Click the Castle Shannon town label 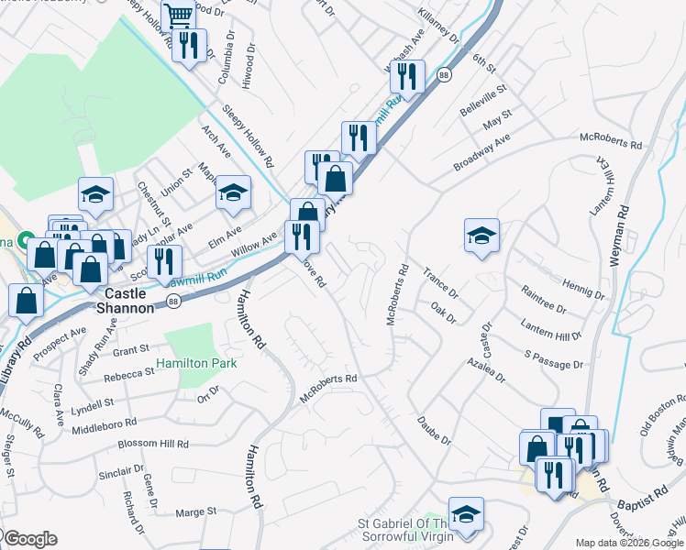coord(128,302)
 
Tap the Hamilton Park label coord(196,363)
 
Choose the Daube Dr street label coord(435,432)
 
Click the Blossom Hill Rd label coord(153,444)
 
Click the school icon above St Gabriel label coord(466,514)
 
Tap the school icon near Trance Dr coord(481,236)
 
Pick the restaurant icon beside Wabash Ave coord(407,75)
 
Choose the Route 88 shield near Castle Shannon coord(172,301)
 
